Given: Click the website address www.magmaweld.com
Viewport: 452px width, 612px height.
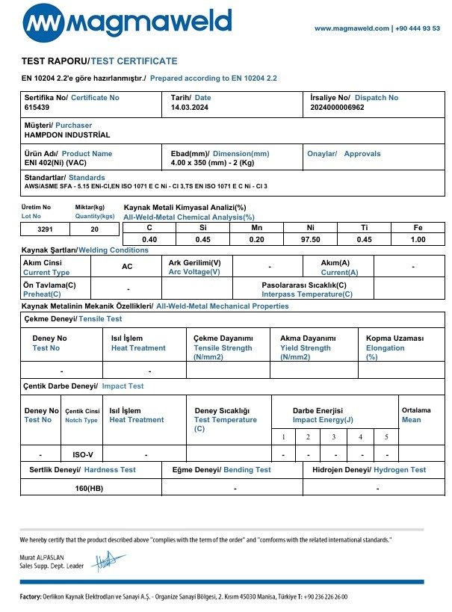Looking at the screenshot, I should coord(351,28).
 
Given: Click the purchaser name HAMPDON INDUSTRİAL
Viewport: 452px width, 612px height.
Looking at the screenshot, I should coord(67,135).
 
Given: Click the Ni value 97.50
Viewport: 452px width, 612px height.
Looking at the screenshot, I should coord(310,239).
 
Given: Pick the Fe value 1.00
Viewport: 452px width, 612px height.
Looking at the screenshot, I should coord(418,239).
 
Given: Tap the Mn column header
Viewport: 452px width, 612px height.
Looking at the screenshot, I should coord(256,227).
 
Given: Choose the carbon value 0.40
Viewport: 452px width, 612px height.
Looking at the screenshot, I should coord(149,239).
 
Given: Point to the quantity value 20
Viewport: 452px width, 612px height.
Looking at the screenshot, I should coord(94,230).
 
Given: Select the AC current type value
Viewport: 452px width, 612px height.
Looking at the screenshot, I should coord(127,267).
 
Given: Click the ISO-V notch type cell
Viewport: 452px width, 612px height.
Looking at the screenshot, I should coord(84,454).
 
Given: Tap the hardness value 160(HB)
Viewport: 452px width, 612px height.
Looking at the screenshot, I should coord(90,488).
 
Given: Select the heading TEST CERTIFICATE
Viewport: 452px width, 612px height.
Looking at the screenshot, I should coord(134,61).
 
